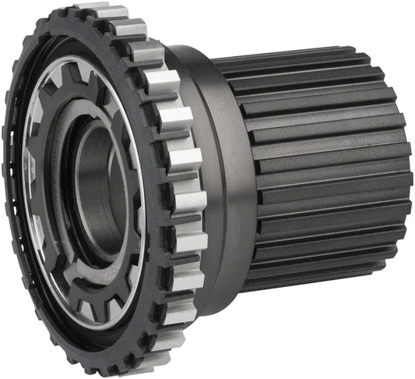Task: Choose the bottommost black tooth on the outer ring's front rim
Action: point(117,367)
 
